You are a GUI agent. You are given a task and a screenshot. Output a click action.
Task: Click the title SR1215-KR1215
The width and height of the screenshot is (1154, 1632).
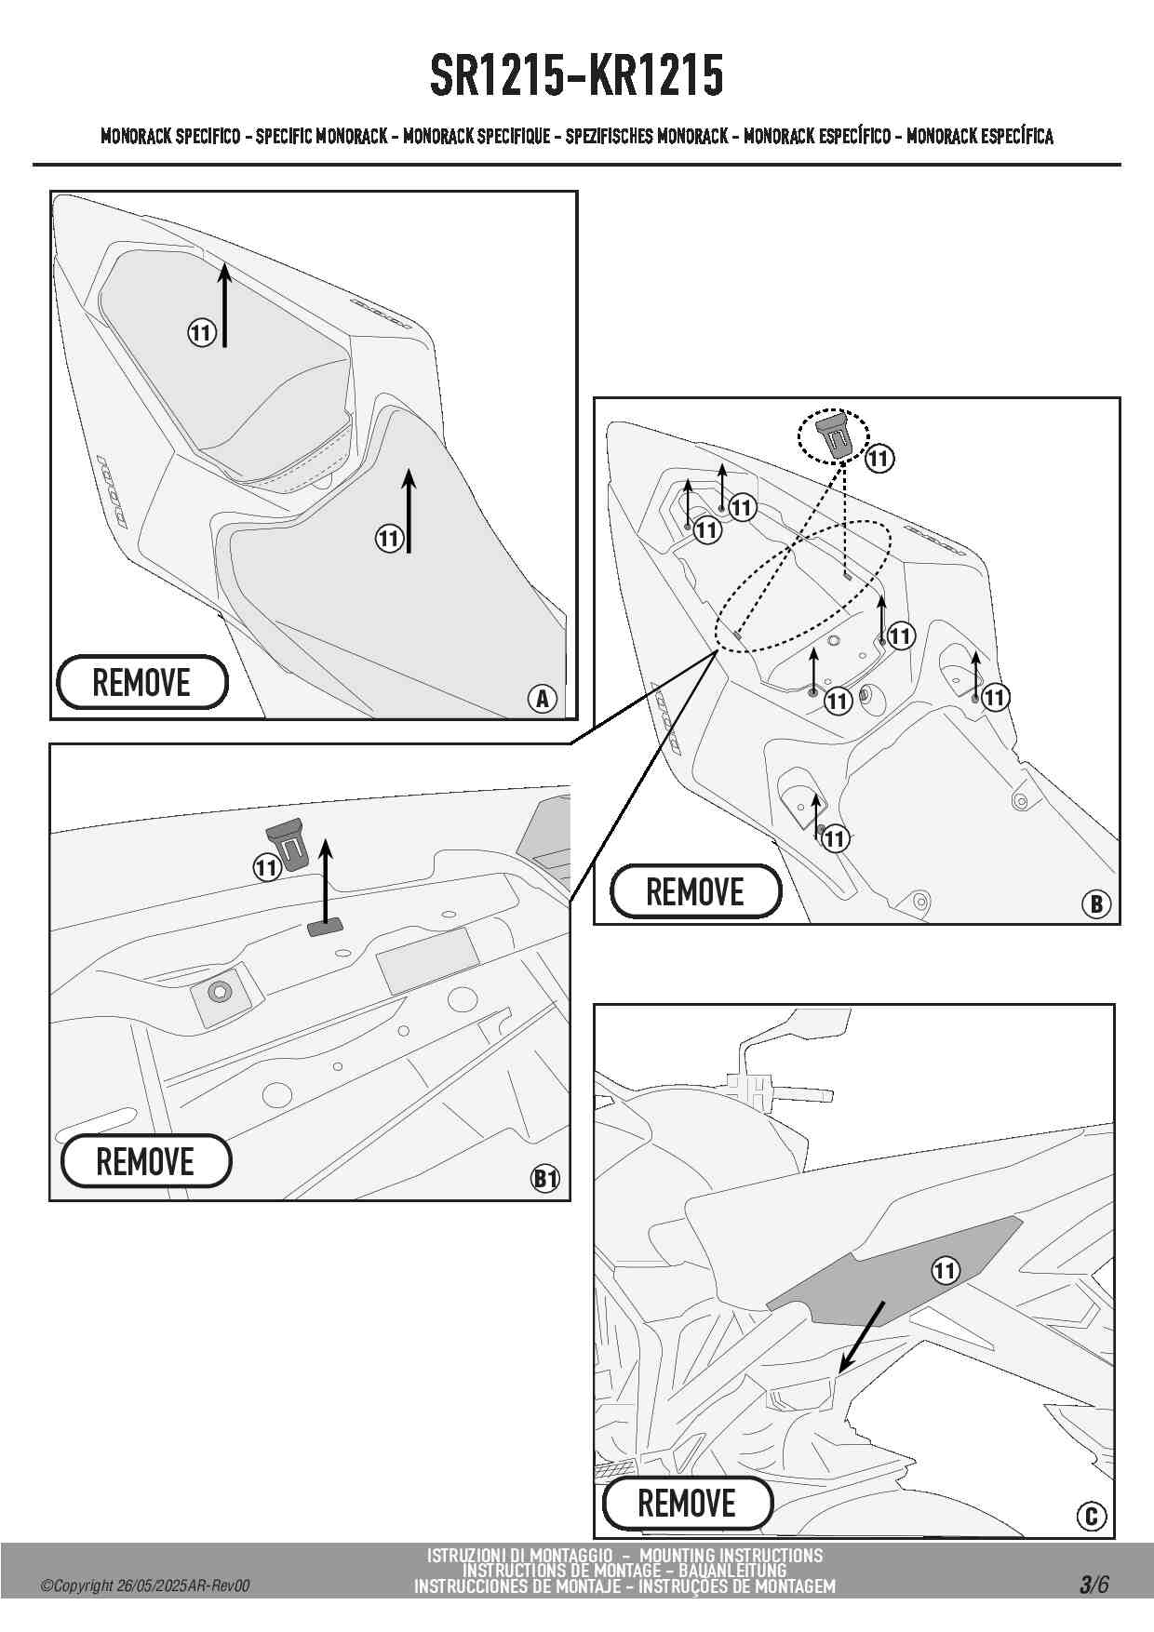point(576,76)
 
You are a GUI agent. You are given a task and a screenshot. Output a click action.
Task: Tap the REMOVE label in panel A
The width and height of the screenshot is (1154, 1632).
point(141,682)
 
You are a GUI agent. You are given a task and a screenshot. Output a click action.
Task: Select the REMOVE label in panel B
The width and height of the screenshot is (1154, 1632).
point(695,891)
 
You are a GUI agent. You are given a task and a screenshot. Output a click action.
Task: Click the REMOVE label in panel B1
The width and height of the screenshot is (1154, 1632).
point(145,1161)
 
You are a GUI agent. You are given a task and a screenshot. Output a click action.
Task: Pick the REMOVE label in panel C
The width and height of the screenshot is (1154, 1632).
point(687,1503)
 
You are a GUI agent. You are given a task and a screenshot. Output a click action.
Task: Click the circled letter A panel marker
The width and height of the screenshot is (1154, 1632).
point(542,698)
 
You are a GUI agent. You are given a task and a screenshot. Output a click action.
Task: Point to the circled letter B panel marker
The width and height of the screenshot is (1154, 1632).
point(1096,903)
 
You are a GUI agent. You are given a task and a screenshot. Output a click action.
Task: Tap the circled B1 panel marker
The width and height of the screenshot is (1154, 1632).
point(545,1179)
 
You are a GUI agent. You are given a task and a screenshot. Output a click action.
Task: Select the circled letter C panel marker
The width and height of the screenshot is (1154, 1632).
point(1092,1517)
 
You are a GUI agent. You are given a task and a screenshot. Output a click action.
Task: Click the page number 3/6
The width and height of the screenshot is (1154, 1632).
point(1094,1585)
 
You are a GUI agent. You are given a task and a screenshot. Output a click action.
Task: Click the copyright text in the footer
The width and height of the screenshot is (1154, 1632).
point(145,1586)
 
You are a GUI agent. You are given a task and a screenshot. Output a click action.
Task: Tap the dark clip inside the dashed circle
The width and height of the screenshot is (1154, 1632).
point(833,435)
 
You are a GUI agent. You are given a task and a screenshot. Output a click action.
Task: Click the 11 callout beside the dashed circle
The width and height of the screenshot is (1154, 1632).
point(879,458)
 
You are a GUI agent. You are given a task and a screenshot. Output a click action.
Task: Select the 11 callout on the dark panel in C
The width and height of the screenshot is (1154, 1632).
point(945,1270)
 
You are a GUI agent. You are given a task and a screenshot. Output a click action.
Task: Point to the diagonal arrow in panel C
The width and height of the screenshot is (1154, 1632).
point(862,1336)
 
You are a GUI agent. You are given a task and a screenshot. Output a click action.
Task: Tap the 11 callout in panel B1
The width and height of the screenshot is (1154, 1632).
point(267,867)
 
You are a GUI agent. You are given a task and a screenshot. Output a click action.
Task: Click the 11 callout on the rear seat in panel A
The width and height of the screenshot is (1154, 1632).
point(202,332)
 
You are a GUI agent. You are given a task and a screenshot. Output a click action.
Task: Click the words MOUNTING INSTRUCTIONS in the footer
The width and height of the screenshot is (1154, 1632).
point(731,1555)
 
